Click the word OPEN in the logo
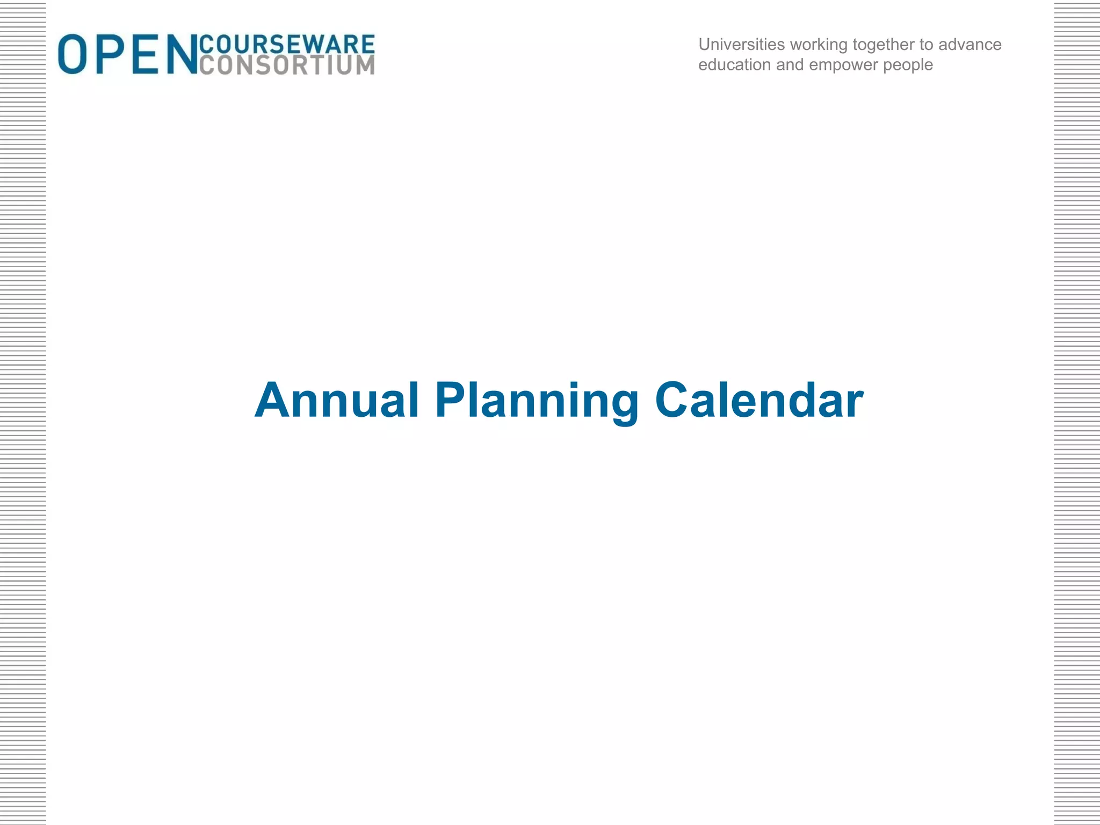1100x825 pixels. pyautogui.click(x=128, y=54)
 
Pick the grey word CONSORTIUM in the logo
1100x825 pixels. pyautogui.click(x=287, y=64)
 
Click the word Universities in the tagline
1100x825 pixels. pyautogui.click(x=742, y=44)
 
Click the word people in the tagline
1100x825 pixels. pyautogui.click(x=908, y=66)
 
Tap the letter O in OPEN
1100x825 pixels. pyautogui.click(x=72, y=54)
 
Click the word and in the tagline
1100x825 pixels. pyautogui.click(x=790, y=65)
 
